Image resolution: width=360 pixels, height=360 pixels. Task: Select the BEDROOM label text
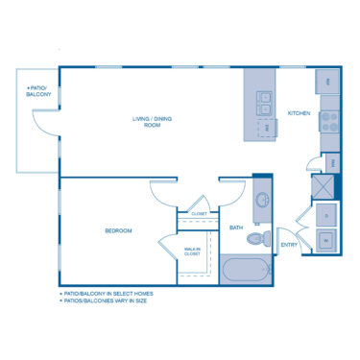point(118,230)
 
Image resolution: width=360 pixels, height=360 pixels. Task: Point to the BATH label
point(236,228)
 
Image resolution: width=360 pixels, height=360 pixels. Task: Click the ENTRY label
point(289,244)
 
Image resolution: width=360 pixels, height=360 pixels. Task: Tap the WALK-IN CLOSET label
point(193,252)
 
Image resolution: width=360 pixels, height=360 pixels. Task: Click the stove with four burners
point(329,121)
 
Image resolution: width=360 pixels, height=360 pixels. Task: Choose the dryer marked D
point(327,216)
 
